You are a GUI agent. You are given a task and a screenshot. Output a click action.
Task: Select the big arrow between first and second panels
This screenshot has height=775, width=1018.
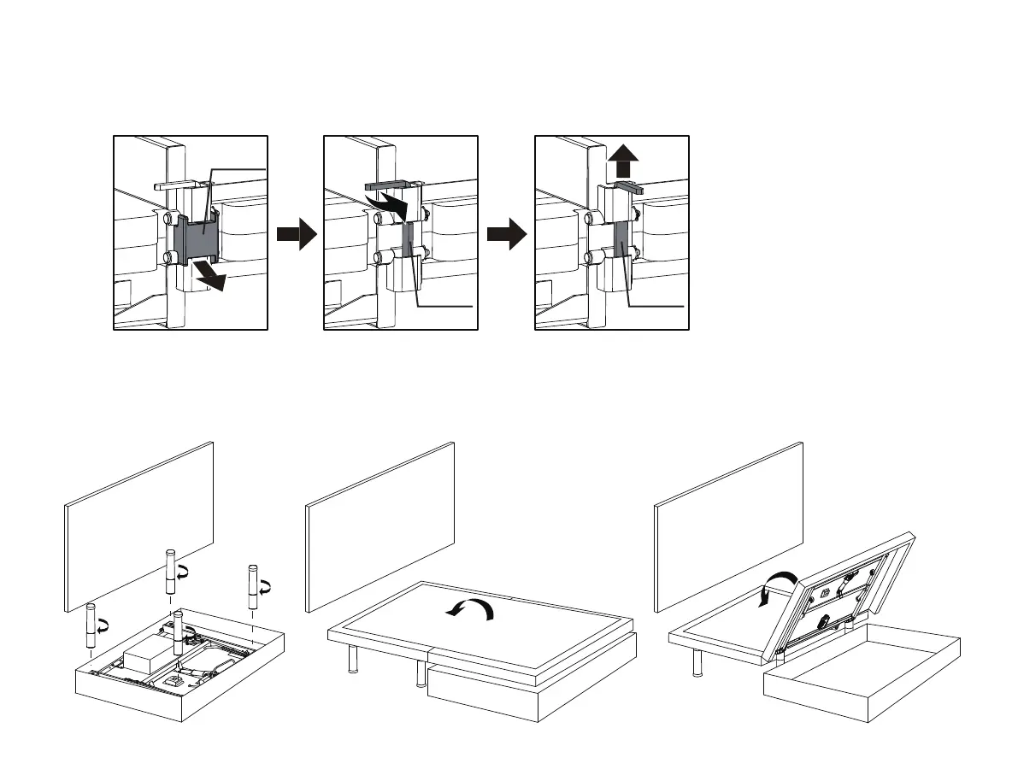pos(296,232)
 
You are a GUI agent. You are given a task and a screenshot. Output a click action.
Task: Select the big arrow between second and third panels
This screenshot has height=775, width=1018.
pos(507,232)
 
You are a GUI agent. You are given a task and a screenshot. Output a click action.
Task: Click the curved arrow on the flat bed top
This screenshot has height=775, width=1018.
pos(473,608)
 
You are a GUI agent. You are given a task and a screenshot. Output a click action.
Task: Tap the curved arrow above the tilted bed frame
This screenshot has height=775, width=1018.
pos(776,590)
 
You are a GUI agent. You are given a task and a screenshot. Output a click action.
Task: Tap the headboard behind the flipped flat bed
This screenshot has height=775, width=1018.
pos(380,525)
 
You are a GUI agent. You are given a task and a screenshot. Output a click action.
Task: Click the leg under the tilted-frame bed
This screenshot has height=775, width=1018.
pos(697,664)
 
